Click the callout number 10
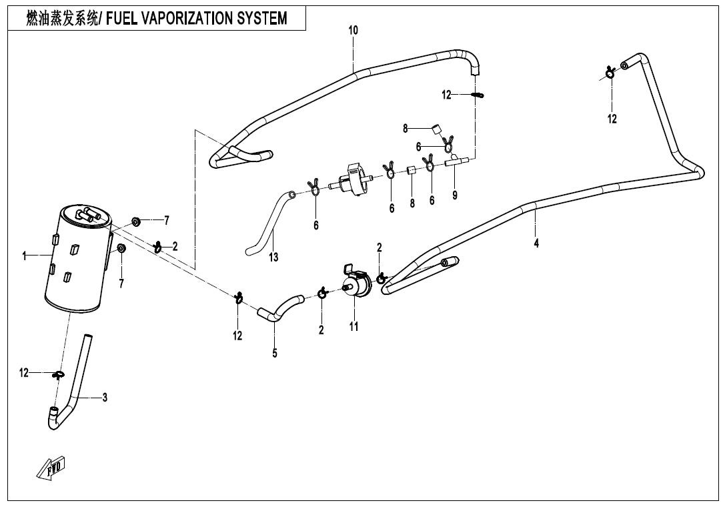pyautogui.click(x=353, y=30)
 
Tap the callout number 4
pyautogui.click(x=536, y=243)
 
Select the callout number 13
pyautogui.click(x=274, y=257)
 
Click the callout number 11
pyautogui.click(x=354, y=326)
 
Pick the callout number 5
pyautogui.click(x=275, y=353)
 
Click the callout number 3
pyautogui.click(x=105, y=398)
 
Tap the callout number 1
pyautogui.click(x=24, y=256)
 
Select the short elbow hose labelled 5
pyautogui.click(x=279, y=310)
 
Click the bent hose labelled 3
pyautogui.click(x=79, y=387)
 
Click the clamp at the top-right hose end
pyautogui.click(x=610, y=72)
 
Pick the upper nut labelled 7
pyautogui.click(x=135, y=220)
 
